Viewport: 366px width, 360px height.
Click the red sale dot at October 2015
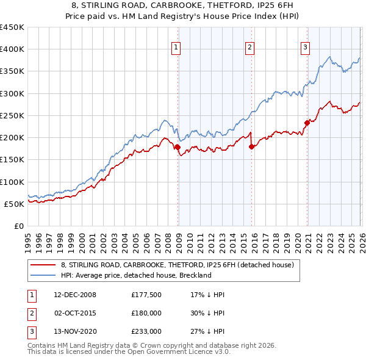(251, 146)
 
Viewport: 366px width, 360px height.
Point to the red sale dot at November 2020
(307, 123)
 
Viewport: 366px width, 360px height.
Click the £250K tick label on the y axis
(12, 115)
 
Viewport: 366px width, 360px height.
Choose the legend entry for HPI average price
(135, 275)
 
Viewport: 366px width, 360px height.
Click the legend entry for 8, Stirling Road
(177, 265)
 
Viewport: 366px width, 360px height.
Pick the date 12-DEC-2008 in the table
(74, 295)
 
